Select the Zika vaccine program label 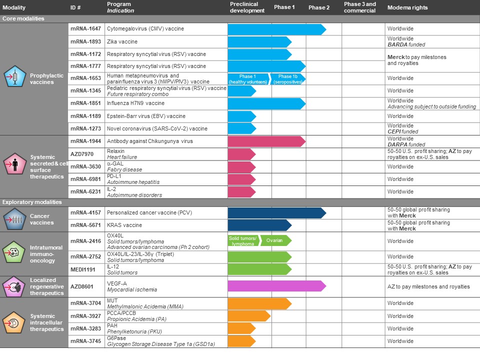(x=122, y=41)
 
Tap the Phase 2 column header (x=319, y=7)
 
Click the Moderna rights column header (x=407, y=7)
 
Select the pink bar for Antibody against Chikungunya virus (x=266, y=141)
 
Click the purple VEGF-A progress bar (x=276, y=286)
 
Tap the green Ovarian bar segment (x=275, y=240)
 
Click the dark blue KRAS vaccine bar (x=259, y=225)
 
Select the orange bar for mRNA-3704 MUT (x=259, y=303)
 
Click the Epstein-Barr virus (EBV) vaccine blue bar (x=241, y=116)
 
